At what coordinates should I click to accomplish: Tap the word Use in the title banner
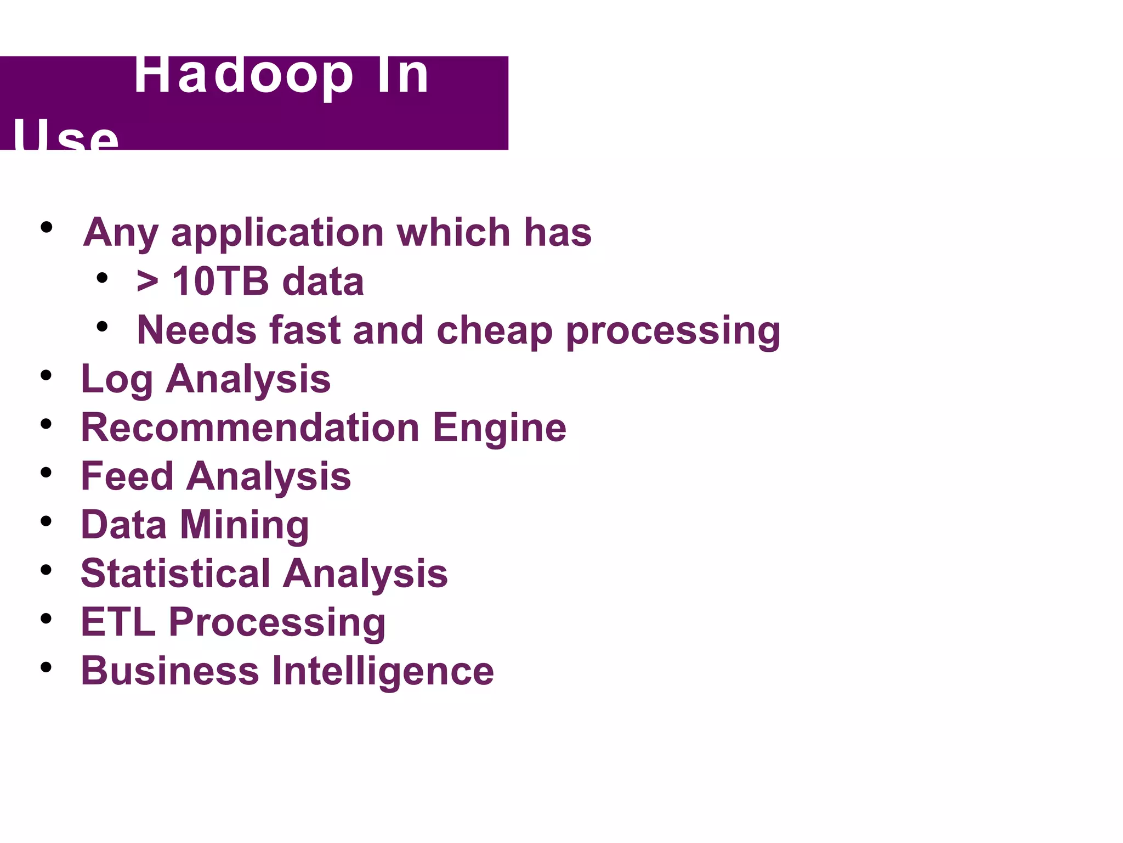[65, 136]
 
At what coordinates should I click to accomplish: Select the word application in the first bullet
[277, 233]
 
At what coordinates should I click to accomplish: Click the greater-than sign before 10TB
[148, 282]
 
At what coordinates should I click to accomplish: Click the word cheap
[494, 331]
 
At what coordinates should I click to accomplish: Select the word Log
[116, 379]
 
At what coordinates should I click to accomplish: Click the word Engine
[500, 429]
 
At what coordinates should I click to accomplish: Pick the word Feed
[127, 476]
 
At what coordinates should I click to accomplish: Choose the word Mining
[245, 526]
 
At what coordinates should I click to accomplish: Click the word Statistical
[175, 574]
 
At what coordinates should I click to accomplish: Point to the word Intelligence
[383, 672]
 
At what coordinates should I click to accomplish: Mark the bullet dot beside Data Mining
[46, 521]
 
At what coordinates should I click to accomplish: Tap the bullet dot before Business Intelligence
[46, 667]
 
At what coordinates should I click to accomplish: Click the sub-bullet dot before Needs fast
[102, 327]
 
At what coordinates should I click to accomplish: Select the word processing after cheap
[673, 332]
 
